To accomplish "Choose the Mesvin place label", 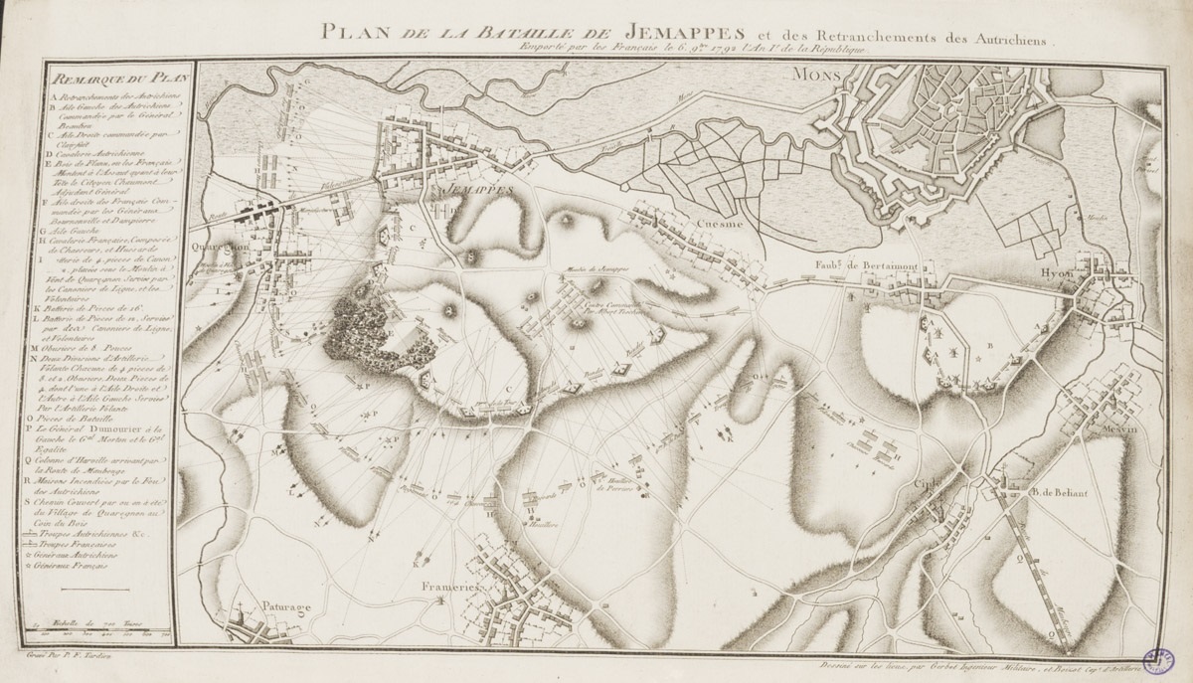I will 1119,429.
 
